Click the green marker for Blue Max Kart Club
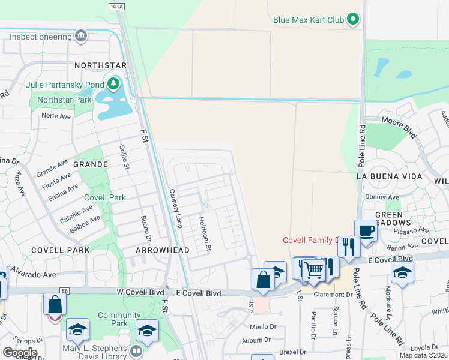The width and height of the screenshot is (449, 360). coord(354,20)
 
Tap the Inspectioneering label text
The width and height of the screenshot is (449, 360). coord(40,36)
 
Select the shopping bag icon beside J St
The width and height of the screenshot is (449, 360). coord(263,278)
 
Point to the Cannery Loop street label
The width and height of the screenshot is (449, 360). coord(175,208)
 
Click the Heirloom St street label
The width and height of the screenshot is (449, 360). coord(206,233)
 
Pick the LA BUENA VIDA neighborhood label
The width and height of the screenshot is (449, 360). coord(386,177)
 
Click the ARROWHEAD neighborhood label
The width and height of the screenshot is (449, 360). coord(163,250)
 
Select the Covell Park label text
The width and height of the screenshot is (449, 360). coord(104,197)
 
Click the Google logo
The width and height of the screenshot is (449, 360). coord(19,353)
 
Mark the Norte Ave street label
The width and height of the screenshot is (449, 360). coord(56,116)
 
